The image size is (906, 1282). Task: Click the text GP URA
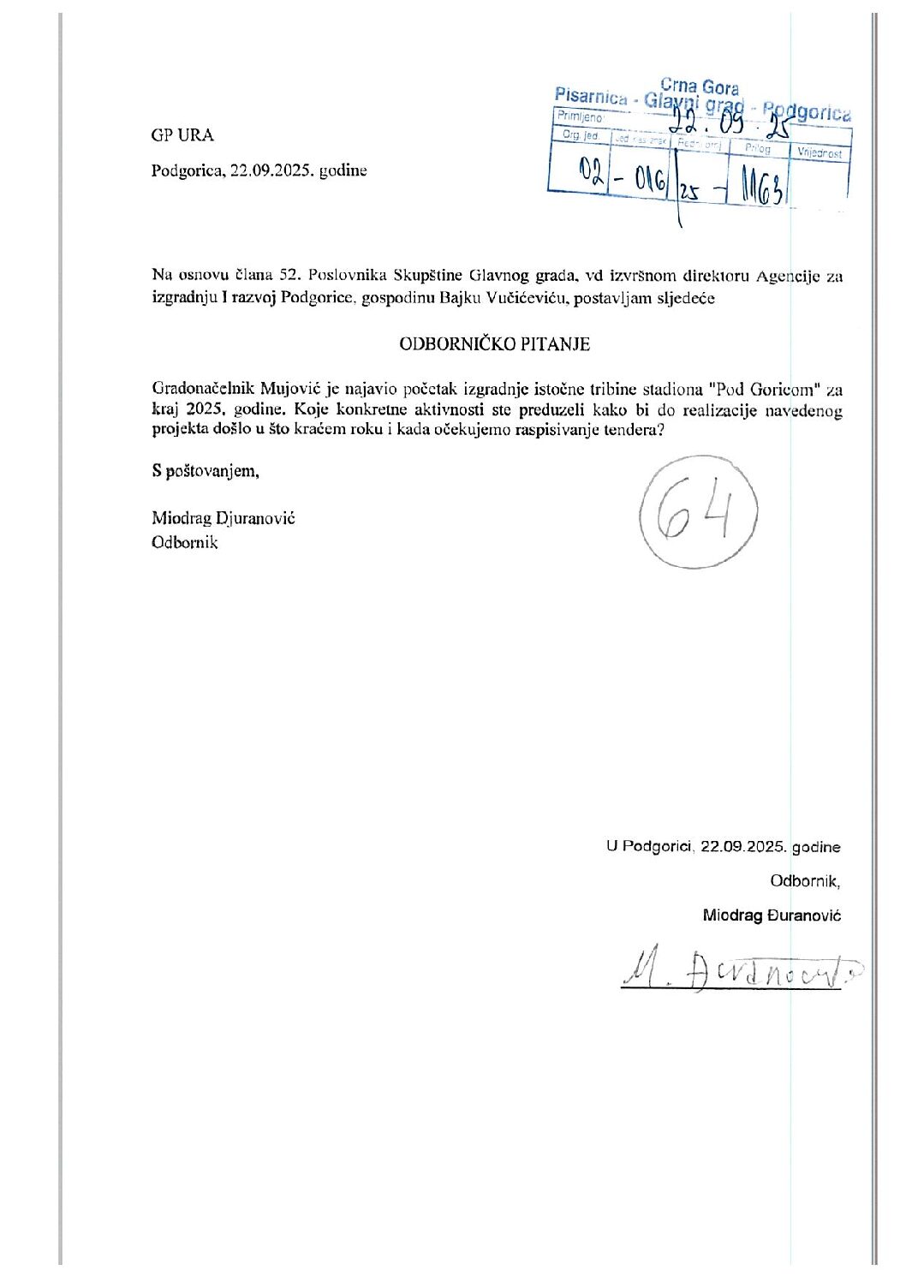(182, 135)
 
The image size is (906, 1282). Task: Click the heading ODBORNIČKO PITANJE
(494, 344)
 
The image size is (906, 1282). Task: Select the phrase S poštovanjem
(206, 470)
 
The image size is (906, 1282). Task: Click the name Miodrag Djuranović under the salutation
(224, 518)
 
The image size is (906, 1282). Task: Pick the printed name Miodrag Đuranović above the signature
(772, 915)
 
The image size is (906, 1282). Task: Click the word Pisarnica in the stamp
(591, 96)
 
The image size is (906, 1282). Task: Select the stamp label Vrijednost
(820, 153)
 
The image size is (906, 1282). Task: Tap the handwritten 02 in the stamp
(591, 175)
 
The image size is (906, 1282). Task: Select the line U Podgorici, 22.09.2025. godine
(723, 847)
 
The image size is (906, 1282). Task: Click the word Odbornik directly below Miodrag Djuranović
(185, 542)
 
